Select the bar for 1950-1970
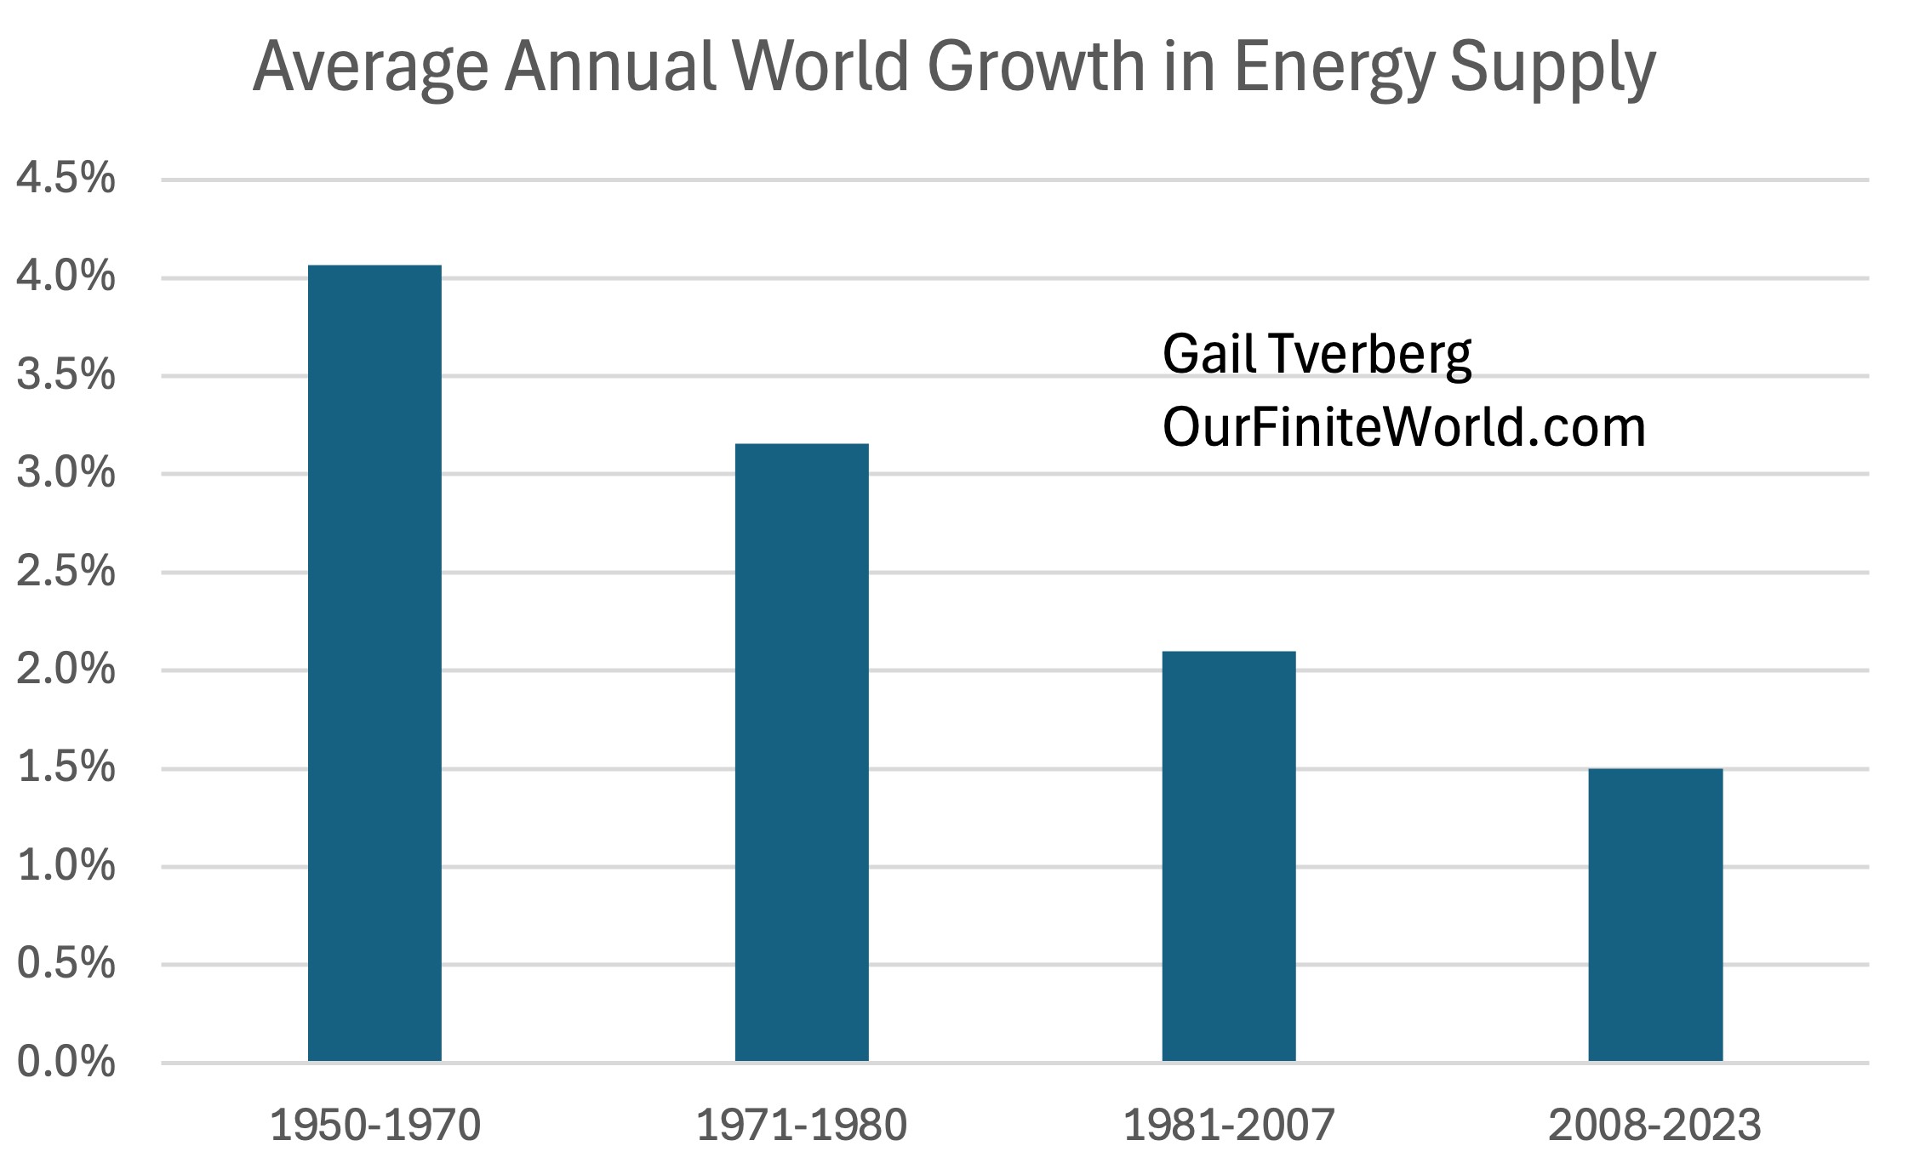coord(374,663)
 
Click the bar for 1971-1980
coord(802,752)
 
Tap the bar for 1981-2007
coord(1228,856)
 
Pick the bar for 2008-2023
coord(1655,915)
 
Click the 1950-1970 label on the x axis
coord(375,1125)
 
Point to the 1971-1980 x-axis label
coord(802,1125)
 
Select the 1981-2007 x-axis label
coord(1229,1125)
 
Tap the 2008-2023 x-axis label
coord(1654,1125)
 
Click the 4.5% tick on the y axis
coord(66,179)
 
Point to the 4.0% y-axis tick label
coord(66,277)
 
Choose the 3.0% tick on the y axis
coord(66,473)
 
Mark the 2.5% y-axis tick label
coord(66,572)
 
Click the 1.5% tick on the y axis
coord(66,767)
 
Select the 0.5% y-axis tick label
coord(66,964)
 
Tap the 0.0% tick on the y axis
coord(66,1063)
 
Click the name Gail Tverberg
coord(1317,354)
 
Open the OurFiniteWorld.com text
coord(1403,427)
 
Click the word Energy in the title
coord(1334,68)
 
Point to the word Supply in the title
coord(1552,68)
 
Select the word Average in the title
coord(370,68)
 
